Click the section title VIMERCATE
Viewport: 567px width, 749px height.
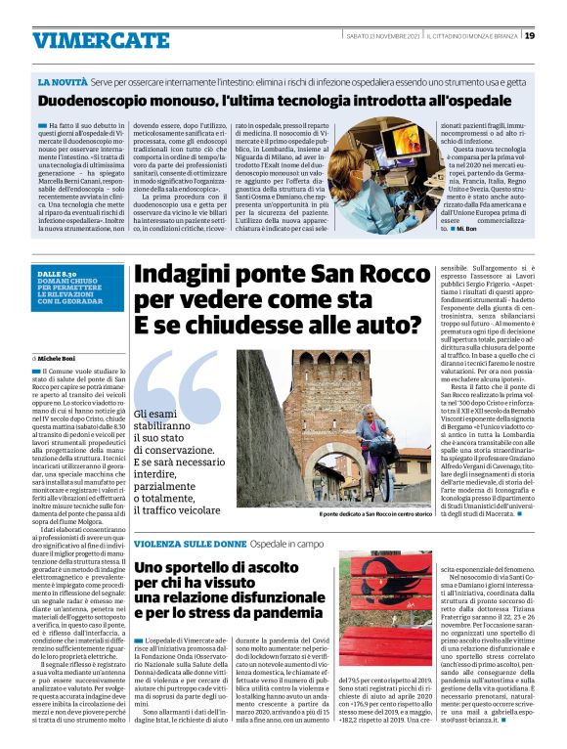click(x=87, y=39)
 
